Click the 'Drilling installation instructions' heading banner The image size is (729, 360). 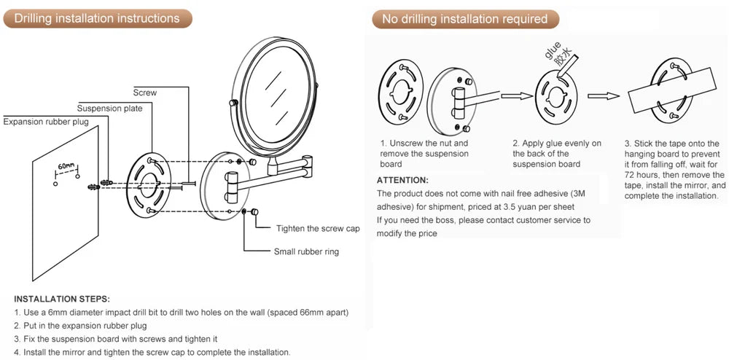tap(96, 18)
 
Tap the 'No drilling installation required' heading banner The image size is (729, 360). tap(464, 19)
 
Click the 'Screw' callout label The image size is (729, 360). tap(144, 93)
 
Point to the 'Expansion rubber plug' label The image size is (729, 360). tap(46, 122)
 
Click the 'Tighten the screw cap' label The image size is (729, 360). tap(318, 229)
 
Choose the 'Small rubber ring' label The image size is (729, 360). tap(306, 252)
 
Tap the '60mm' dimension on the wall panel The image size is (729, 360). tap(67, 167)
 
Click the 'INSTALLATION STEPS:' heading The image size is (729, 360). tap(62, 299)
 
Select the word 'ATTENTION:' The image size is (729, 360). tap(402, 180)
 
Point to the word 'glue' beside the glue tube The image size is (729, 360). tap(551, 53)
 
